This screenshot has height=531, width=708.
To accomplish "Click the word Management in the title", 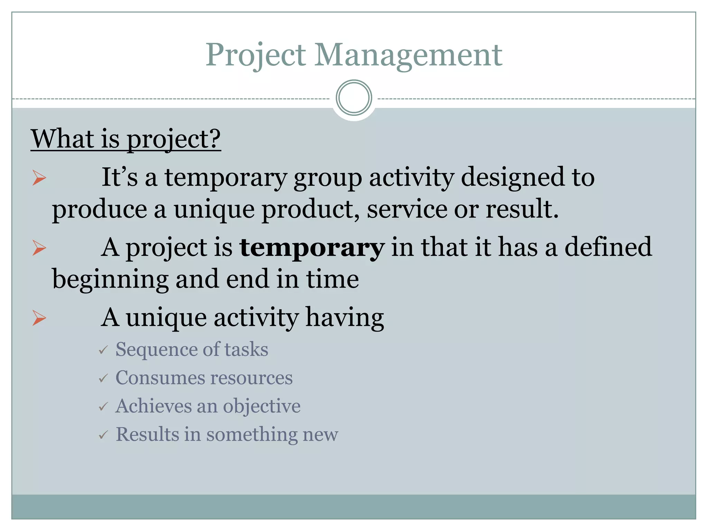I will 408,55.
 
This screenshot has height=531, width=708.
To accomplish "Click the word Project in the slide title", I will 256,55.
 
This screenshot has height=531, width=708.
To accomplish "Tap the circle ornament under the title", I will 354,98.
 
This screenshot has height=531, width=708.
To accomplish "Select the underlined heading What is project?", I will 126,139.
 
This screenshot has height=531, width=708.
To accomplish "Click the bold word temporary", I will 312,248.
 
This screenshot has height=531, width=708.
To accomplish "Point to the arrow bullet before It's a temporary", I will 39,178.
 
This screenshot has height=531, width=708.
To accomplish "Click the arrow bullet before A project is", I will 39,248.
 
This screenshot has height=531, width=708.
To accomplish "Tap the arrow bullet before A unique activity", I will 39,318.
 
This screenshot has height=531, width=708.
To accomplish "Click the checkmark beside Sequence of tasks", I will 103,350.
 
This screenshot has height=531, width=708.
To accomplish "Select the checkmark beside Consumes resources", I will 103,379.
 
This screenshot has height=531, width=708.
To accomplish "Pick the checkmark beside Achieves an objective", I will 103,407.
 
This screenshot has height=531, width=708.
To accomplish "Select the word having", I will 344,318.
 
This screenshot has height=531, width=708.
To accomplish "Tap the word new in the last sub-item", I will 320,435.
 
